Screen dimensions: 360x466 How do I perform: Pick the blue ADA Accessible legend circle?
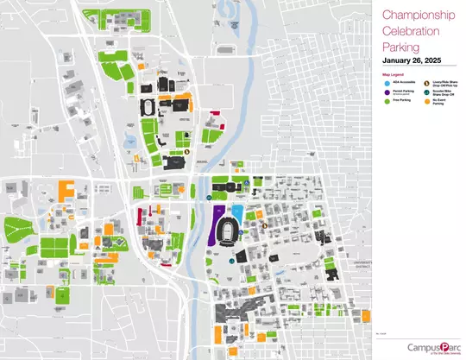point(385,83)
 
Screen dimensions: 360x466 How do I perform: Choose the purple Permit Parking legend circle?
point(385,92)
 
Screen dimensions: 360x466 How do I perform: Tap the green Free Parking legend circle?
point(385,101)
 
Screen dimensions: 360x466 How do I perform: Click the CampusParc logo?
point(431,347)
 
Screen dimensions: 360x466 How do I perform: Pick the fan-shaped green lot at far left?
point(16,229)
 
